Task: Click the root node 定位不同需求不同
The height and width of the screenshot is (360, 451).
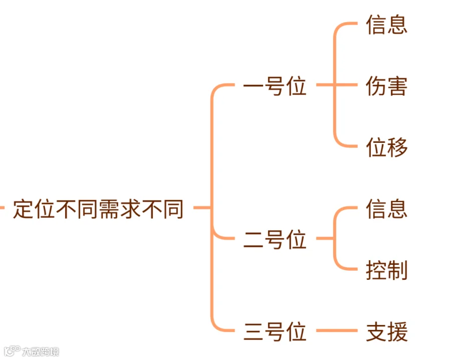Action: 98,209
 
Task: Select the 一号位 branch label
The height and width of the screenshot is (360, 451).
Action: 275,87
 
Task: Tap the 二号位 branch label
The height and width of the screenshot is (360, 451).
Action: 275,240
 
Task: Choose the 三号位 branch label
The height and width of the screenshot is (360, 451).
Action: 275,332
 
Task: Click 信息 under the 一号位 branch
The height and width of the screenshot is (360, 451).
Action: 386,25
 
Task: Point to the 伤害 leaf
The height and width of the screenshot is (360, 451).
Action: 386,86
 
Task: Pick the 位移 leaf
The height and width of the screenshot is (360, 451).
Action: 386,147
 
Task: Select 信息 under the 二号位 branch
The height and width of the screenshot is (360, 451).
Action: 386,209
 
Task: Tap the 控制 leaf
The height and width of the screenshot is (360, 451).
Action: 386,270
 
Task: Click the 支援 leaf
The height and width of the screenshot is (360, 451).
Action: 386,332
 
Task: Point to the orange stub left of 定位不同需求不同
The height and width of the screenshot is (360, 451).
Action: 2,207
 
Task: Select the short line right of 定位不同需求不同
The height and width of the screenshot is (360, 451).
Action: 200,207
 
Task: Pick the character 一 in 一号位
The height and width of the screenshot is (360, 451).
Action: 254,87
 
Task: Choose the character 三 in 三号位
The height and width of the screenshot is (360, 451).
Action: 254,332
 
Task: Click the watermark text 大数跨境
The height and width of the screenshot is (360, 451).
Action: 40,351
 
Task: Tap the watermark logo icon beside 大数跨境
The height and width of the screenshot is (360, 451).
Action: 12,350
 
